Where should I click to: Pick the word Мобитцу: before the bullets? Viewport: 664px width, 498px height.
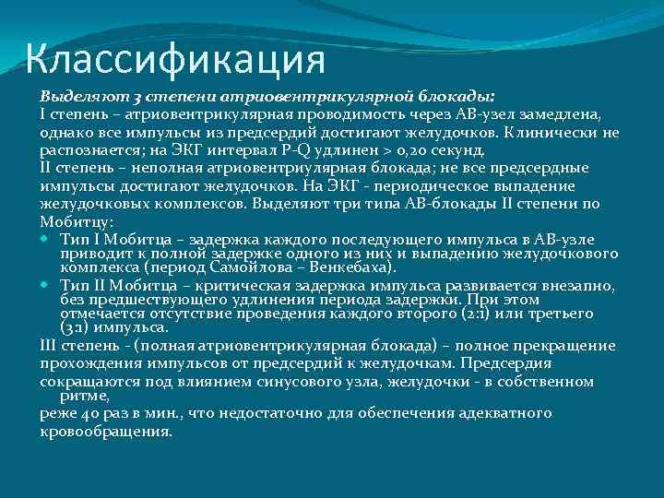point(77,221)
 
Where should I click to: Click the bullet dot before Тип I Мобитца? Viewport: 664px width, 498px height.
point(46,240)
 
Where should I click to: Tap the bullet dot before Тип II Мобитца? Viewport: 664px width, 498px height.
point(46,287)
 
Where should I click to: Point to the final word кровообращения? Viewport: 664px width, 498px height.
point(106,432)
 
